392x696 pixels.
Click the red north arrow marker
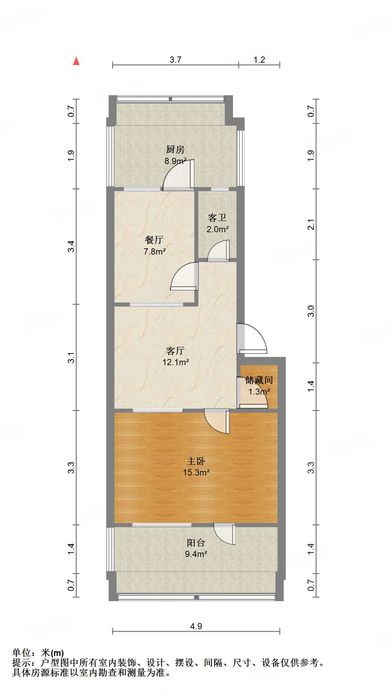(x=76, y=61)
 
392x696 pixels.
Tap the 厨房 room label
(x=175, y=149)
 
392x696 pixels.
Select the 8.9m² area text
(x=175, y=161)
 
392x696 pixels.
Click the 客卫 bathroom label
(x=217, y=217)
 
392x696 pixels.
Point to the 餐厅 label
(x=154, y=240)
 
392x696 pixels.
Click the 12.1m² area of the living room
(x=175, y=362)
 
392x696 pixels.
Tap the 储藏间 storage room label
(x=259, y=380)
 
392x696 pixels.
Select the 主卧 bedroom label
(x=196, y=461)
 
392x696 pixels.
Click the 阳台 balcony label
(x=196, y=543)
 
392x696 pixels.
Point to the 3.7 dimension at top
(x=175, y=60)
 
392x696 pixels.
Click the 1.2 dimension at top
(x=259, y=60)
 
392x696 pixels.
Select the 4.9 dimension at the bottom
(x=196, y=626)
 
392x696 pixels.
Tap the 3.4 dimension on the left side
(x=71, y=246)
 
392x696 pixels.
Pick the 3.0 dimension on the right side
(x=311, y=311)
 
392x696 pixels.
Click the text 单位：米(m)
(x=38, y=653)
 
